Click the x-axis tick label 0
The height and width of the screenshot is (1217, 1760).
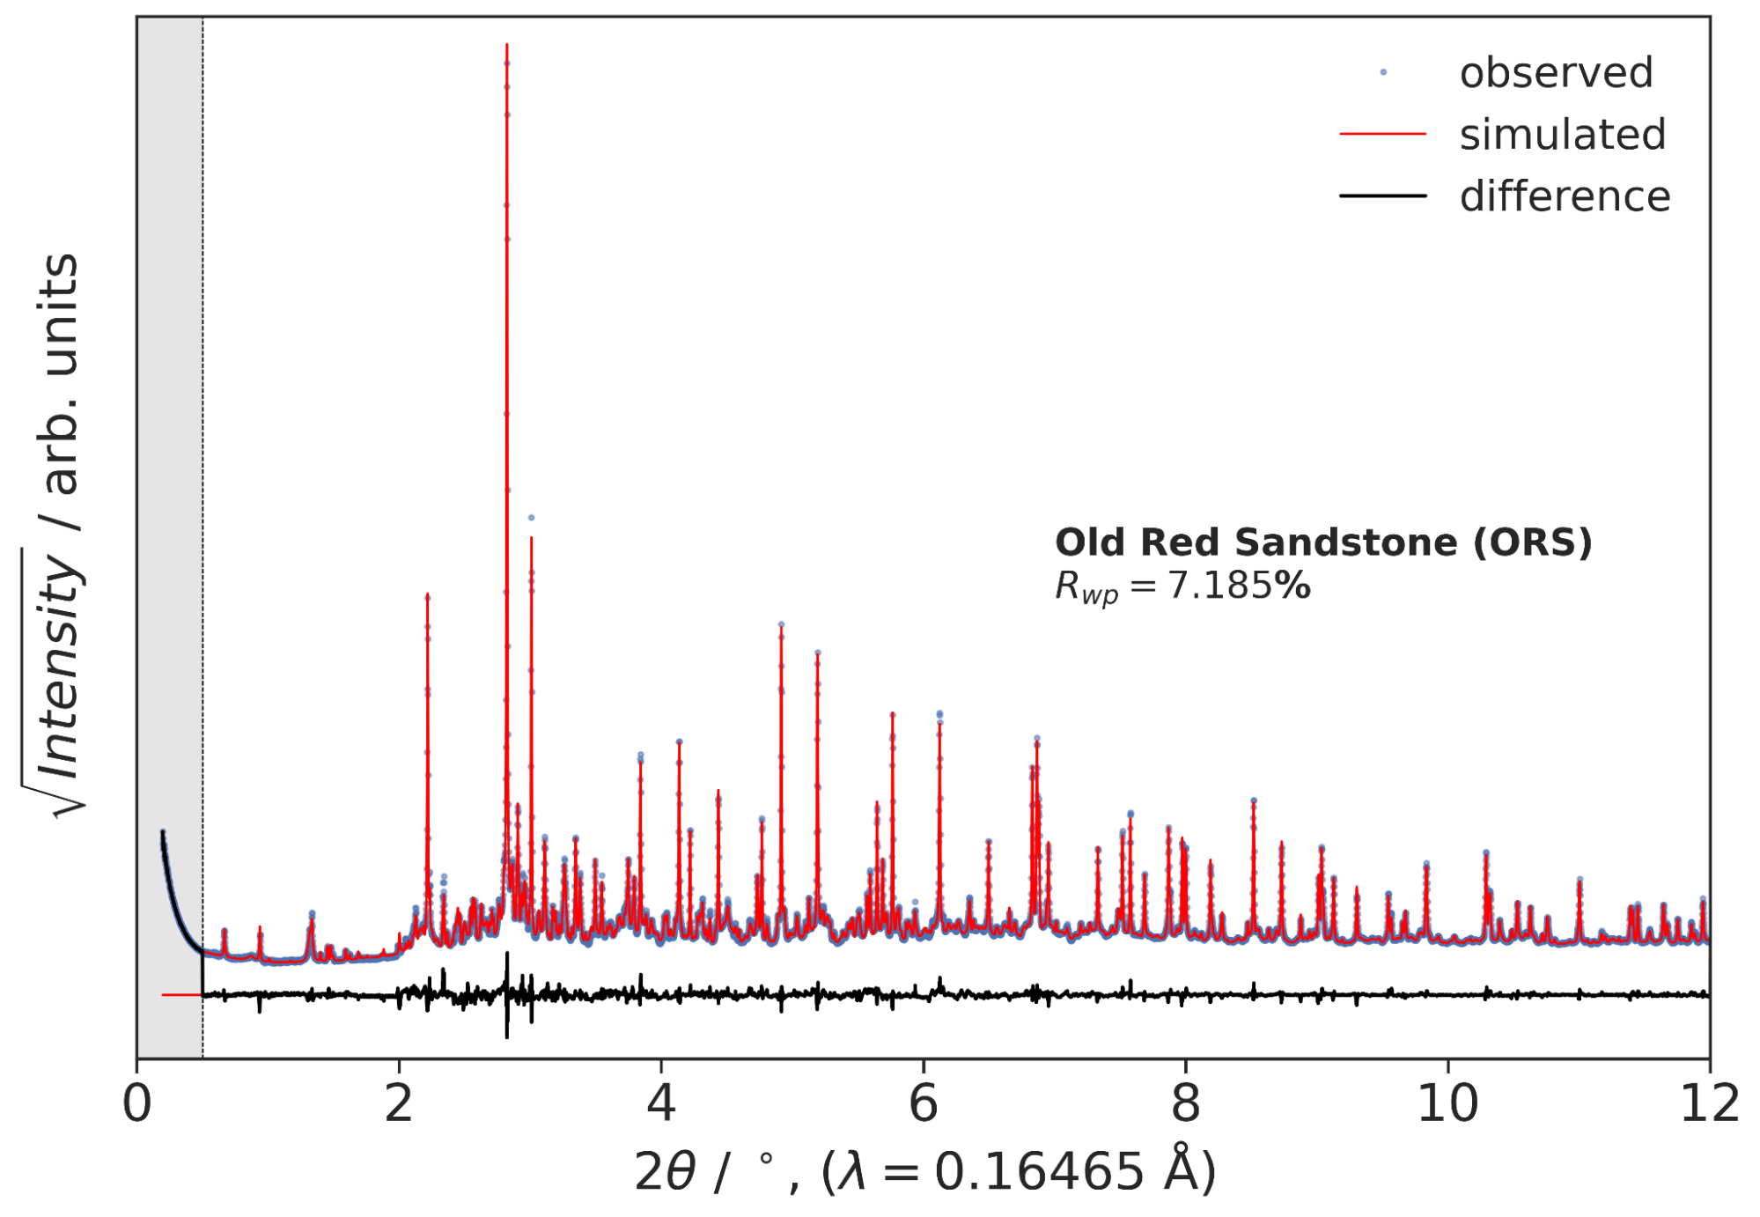[137, 1104]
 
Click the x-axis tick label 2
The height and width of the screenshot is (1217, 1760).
[399, 1104]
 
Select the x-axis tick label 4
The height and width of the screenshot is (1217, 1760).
[661, 1104]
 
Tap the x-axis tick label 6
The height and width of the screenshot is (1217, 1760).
[924, 1104]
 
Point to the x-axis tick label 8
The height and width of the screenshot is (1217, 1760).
[1186, 1104]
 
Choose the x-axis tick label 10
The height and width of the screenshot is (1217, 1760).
[1447, 1104]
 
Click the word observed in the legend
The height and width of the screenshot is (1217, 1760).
[1556, 72]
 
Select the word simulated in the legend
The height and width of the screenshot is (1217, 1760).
[1563, 135]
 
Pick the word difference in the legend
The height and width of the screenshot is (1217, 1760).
[1565, 196]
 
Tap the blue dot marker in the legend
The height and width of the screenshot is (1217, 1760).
[1383, 72]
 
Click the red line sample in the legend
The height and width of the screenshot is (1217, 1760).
[1382, 134]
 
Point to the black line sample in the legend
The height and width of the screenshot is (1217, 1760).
[1382, 195]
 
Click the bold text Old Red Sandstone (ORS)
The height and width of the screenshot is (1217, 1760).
[1323, 542]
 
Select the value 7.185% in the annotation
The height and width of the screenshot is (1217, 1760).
[1239, 586]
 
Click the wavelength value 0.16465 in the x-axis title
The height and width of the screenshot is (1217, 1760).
[1039, 1173]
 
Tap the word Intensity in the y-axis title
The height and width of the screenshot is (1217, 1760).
[60, 669]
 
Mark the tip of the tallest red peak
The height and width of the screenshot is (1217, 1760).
[507, 45]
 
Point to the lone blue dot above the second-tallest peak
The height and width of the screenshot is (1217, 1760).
[531, 518]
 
